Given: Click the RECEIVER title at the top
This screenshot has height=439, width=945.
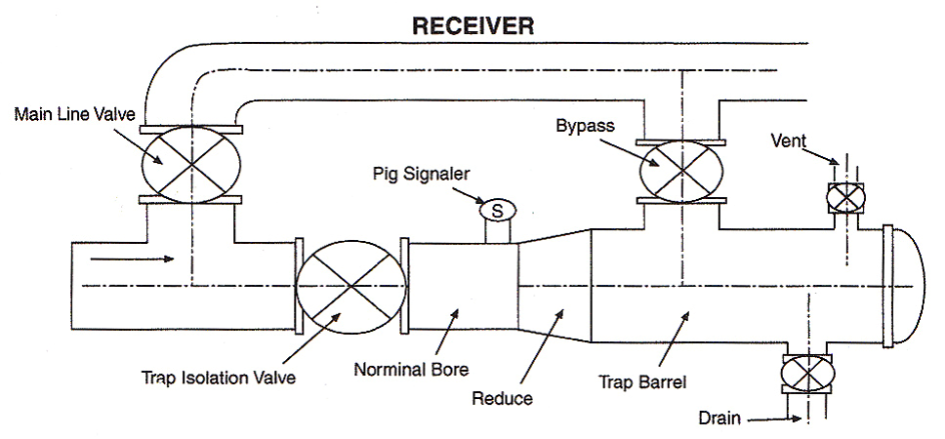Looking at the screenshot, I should click(472, 25).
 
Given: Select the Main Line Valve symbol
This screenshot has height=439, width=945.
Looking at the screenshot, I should click(190, 163).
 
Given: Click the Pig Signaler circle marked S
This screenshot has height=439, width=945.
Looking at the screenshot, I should click(496, 209).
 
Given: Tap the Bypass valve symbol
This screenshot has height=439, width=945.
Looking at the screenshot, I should click(680, 172).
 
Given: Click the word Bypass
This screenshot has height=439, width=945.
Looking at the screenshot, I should click(579, 126).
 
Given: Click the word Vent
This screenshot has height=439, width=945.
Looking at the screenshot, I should click(788, 140).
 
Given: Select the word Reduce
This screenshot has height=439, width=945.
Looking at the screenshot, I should click(501, 398).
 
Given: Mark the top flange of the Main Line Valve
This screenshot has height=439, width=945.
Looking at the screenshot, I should click(190, 129).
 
